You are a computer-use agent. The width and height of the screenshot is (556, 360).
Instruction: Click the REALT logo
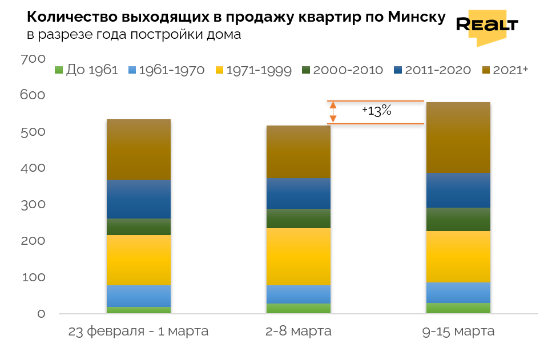487,26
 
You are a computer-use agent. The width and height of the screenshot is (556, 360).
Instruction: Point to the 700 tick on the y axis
32,59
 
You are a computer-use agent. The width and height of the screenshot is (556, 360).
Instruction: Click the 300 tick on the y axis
32,204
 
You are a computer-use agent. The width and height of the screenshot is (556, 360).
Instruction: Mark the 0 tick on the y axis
41,313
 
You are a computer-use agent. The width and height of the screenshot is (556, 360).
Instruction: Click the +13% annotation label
377,111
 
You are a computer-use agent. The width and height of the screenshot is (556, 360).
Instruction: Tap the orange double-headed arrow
333,112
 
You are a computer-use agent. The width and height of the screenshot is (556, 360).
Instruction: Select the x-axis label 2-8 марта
298,331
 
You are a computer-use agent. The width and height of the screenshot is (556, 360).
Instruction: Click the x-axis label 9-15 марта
458,331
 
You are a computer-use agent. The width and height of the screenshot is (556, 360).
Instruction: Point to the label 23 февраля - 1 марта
138,331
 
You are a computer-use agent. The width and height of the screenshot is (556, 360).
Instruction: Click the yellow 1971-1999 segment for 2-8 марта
298,256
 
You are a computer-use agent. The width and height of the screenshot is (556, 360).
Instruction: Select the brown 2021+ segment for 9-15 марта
458,137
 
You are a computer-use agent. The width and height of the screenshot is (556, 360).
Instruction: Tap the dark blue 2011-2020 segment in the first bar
138,199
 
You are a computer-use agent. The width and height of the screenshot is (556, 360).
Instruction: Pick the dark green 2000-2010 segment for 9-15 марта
458,219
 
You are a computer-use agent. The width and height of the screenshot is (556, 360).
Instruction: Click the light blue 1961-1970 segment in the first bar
138,296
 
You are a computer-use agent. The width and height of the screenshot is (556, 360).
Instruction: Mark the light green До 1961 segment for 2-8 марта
298,308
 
